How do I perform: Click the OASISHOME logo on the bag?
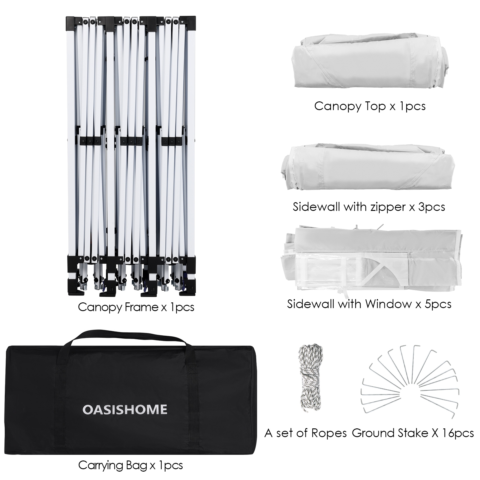tap(124, 409)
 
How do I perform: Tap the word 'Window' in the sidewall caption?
tap(388, 304)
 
